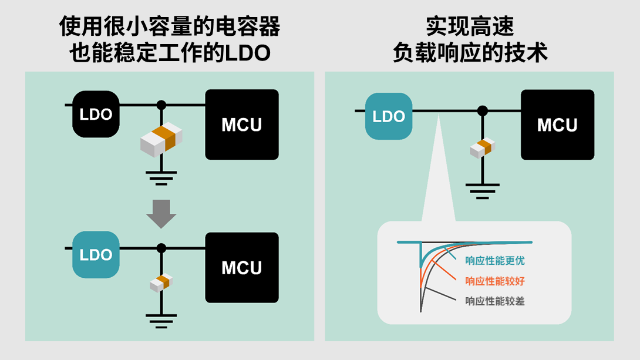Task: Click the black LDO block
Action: click(x=96, y=114)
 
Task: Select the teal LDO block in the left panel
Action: click(x=96, y=255)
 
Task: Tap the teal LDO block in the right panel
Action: click(x=389, y=116)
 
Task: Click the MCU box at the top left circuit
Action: click(x=241, y=125)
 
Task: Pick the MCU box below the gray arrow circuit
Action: click(x=241, y=268)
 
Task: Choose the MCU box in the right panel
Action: click(x=557, y=125)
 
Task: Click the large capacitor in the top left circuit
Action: click(x=161, y=140)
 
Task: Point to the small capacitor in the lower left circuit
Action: click(x=160, y=282)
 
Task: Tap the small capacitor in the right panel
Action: click(x=483, y=147)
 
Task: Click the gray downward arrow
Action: click(x=161, y=213)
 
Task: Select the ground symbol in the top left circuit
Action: click(x=161, y=177)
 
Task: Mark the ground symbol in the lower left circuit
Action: click(x=161, y=320)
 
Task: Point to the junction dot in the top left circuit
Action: click(x=161, y=105)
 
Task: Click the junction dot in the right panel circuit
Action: click(x=483, y=110)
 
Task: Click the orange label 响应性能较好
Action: click(x=495, y=281)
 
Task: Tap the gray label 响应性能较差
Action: click(x=495, y=301)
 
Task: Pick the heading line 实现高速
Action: click(x=470, y=27)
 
